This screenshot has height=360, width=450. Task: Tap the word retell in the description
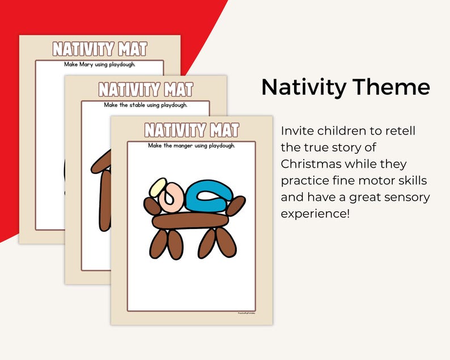400,132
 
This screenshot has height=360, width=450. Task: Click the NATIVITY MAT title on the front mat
192,130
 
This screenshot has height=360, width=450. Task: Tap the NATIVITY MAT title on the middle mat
146,90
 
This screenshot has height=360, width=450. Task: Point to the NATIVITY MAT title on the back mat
100,49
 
